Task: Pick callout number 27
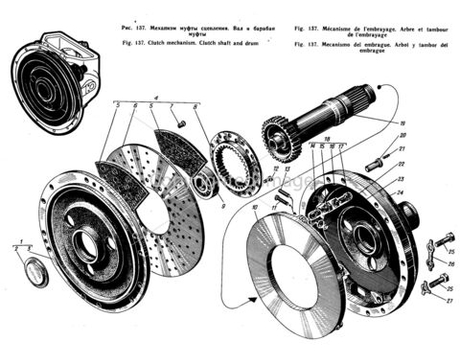coord(449,299)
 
